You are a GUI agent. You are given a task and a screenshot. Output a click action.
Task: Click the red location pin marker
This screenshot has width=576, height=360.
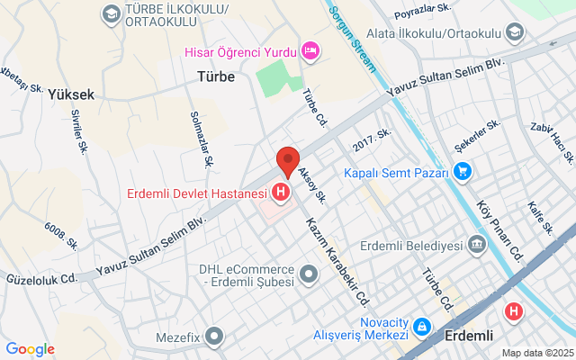pyautogui.click(x=287, y=160)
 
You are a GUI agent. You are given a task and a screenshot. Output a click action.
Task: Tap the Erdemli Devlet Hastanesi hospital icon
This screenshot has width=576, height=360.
pyautogui.click(x=282, y=192)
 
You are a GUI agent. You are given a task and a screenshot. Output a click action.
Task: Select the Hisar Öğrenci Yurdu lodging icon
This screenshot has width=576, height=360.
pyautogui.click(x=310, y=50)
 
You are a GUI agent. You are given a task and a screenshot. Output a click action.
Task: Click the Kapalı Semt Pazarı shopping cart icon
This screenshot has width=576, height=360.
pyautogui.click(x=463, y=170)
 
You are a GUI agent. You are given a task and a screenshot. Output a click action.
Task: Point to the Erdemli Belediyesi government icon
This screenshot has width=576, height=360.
pyautogui.click(x=476, y=245)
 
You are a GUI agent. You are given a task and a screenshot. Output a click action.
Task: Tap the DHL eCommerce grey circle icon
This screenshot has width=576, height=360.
pyautogui.click(x=309, y=273)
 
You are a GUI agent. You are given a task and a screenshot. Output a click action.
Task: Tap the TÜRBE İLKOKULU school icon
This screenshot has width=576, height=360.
pyautogui.click(x=111, y=13)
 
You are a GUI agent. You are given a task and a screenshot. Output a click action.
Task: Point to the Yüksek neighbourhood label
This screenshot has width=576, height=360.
pyautogui.click(x=71, y=94)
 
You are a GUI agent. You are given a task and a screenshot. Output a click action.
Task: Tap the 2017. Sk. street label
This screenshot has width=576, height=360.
pyautogui.click(x=372, y=139)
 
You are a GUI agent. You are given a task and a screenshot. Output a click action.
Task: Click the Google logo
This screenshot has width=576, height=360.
pyautogui.click(x=30, y=349)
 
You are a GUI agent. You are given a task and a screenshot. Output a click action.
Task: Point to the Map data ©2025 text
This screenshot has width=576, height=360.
pyautogui.click(x=536, y=353)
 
